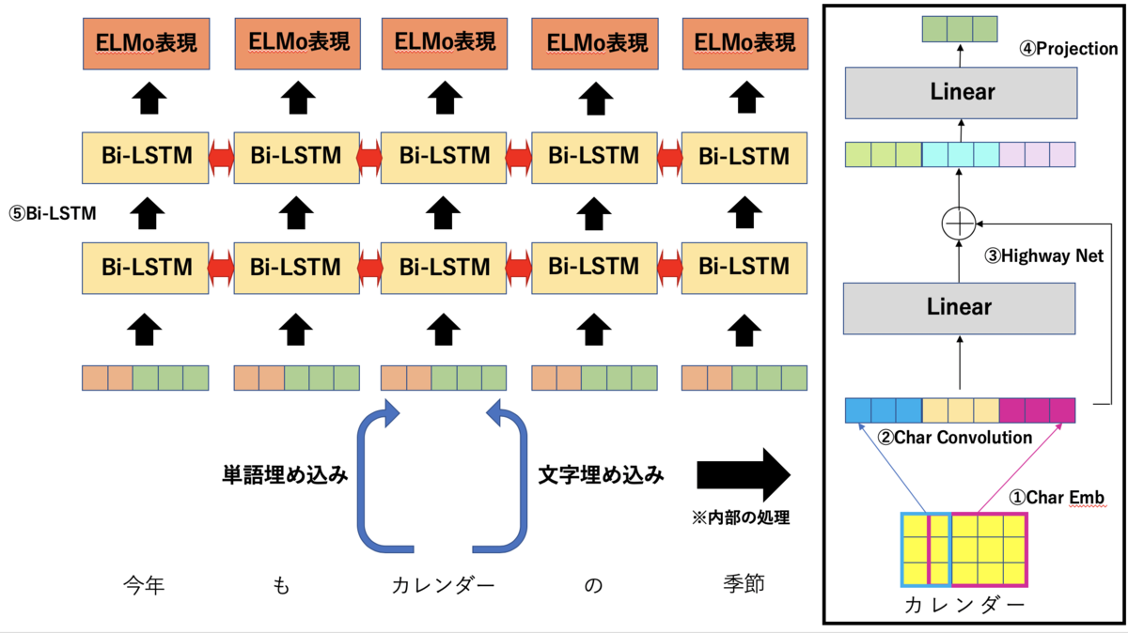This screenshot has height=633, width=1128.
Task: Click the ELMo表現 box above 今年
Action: [144, 44]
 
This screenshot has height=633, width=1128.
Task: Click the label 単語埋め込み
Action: [285, 475]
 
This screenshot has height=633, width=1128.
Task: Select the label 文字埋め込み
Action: [602, 475]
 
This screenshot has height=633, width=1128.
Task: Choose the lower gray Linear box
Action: [959, 307]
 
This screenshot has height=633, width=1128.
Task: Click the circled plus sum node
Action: [959, 224]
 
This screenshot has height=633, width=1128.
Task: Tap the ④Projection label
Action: [1069, 49]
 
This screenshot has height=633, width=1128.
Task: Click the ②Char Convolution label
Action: [954, 437]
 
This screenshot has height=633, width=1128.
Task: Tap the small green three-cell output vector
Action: [960, 29]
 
